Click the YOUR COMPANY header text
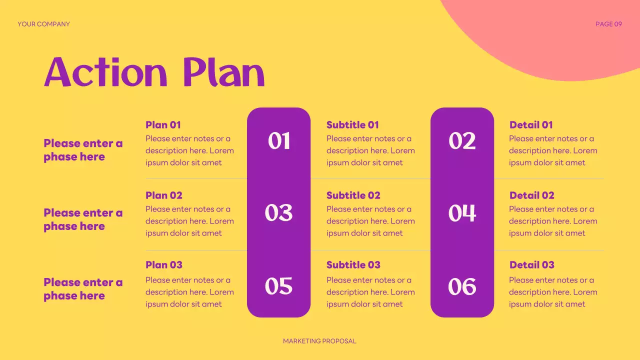(x=43, y=24)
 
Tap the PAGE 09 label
(x=608, y=24)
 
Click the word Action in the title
(x=105, y=72)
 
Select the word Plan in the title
(x=223, y=72)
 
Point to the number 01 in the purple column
(x=279, y=141)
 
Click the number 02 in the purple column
(x=462, y=141)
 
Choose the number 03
(x=279, y=213)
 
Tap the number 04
(x=462, y=213)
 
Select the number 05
(x=279, y=286)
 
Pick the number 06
(x=462, y=286)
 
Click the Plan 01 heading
(x=163, y=125)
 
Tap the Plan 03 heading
(x=164, y=265)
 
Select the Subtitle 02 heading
(x=353, y=195)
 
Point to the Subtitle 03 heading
(x=353, y=265)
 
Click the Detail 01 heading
(x=531, y=125)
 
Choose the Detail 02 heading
(x=532, y=195)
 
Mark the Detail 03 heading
(x=532, y=265)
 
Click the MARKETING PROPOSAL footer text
(x=319, y=341)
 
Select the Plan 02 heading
(x=164, y=195)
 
